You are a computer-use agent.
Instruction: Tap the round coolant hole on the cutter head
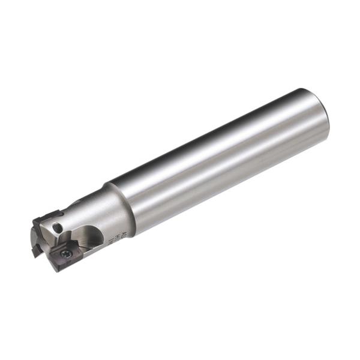56,228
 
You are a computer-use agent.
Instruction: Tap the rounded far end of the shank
323,118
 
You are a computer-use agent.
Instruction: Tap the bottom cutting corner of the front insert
57,269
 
